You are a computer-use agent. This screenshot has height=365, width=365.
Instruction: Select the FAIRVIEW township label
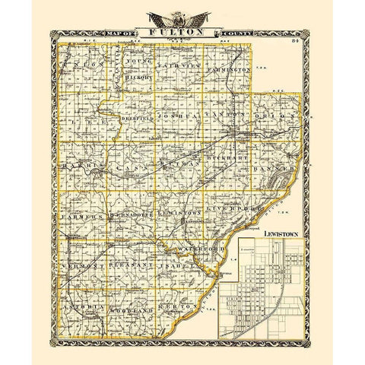(180, 69)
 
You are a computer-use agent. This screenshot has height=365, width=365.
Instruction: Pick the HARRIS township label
(79, 164)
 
